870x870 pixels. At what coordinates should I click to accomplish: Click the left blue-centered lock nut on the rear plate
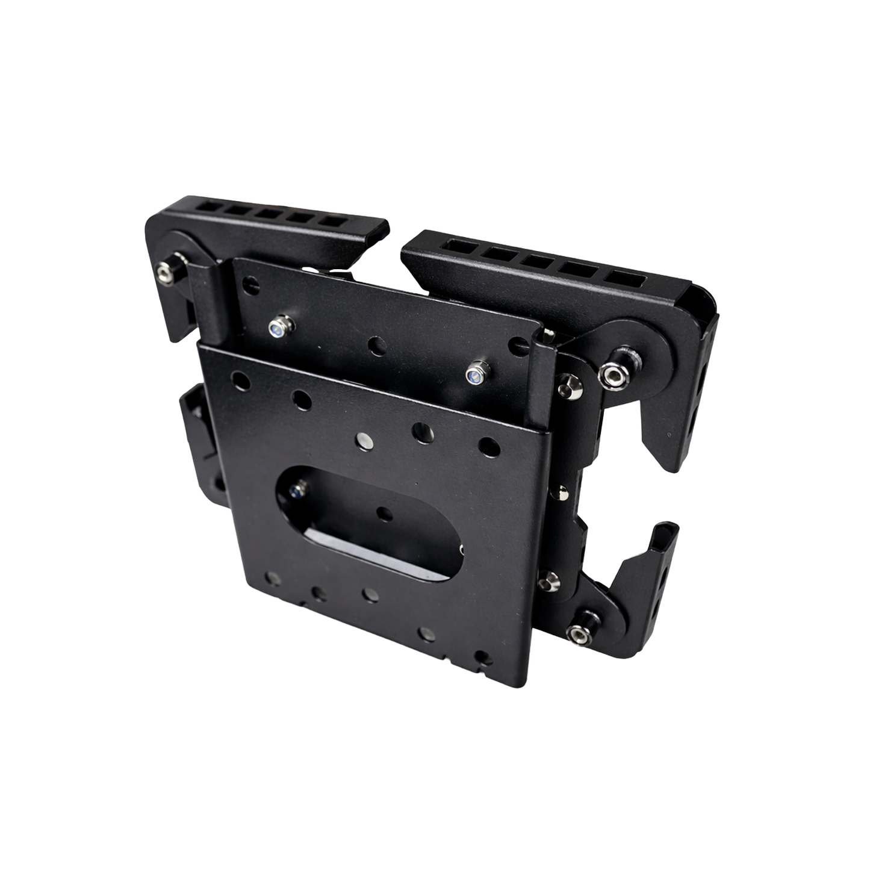(x=278, y=329)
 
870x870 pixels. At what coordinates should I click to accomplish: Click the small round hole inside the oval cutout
(x=381, y=513)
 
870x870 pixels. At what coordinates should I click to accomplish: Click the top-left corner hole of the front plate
(x=240, y=381)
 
